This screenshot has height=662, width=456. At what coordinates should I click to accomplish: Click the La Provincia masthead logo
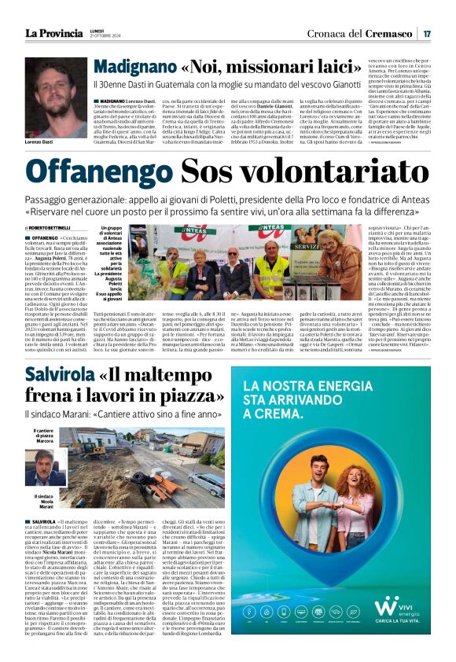53,33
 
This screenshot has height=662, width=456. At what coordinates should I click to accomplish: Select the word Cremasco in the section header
390,33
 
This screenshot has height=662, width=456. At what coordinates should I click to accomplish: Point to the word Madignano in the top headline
136,68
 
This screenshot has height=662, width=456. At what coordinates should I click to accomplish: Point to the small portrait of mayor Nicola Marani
46,468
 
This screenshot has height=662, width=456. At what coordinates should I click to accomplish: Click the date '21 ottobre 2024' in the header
105,36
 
